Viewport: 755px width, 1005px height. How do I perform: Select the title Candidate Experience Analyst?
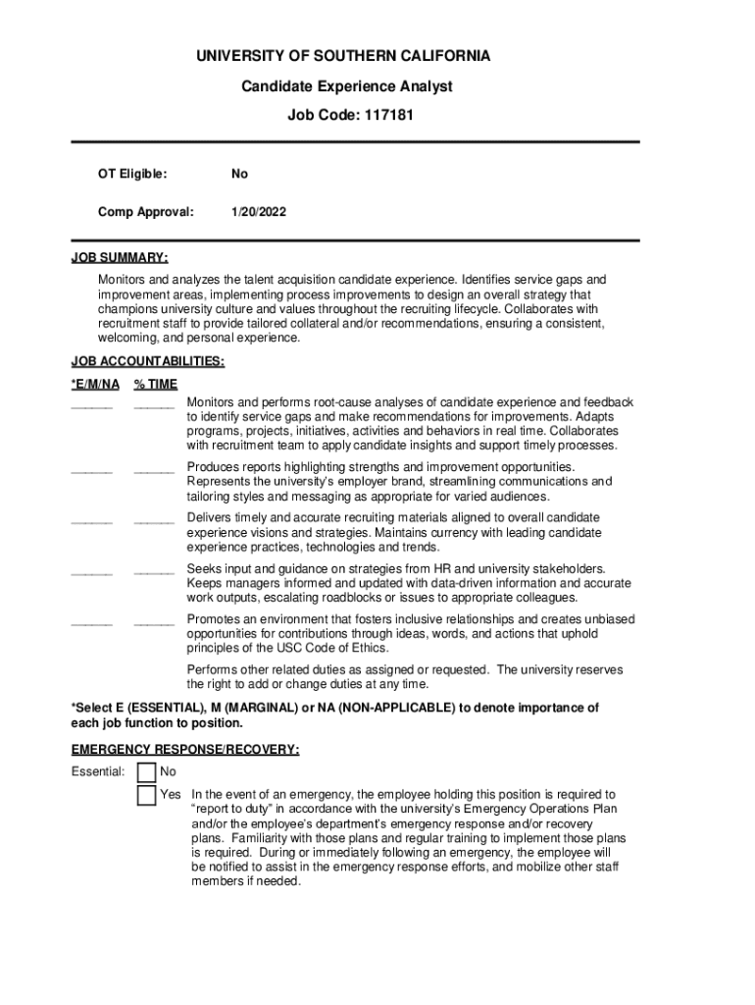click(x=347, y=86)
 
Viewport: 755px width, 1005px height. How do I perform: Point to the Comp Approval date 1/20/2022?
click(x=259, y=211)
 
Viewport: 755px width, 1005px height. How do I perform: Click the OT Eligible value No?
click(x=239, y=174)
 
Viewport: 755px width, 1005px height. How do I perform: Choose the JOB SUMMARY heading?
click(x=120, y=257)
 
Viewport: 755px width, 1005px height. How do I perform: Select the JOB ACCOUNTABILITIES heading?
click(x=147, y=361)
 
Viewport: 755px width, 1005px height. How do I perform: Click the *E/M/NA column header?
click(x=96, y=384)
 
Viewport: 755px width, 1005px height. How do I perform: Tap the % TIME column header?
click(x=156, y=384)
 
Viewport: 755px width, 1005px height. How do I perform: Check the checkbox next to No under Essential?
click(x=146, y=772)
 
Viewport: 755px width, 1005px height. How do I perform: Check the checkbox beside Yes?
click(x=146, y=795)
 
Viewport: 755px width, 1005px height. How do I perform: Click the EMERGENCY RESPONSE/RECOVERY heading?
click(x=185, y=750)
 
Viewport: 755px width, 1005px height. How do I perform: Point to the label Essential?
click(x=98, y=772)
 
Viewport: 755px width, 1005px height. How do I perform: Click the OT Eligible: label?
click(x=132, y=174)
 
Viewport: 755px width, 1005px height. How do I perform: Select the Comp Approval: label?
click(x=146, y=211)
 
